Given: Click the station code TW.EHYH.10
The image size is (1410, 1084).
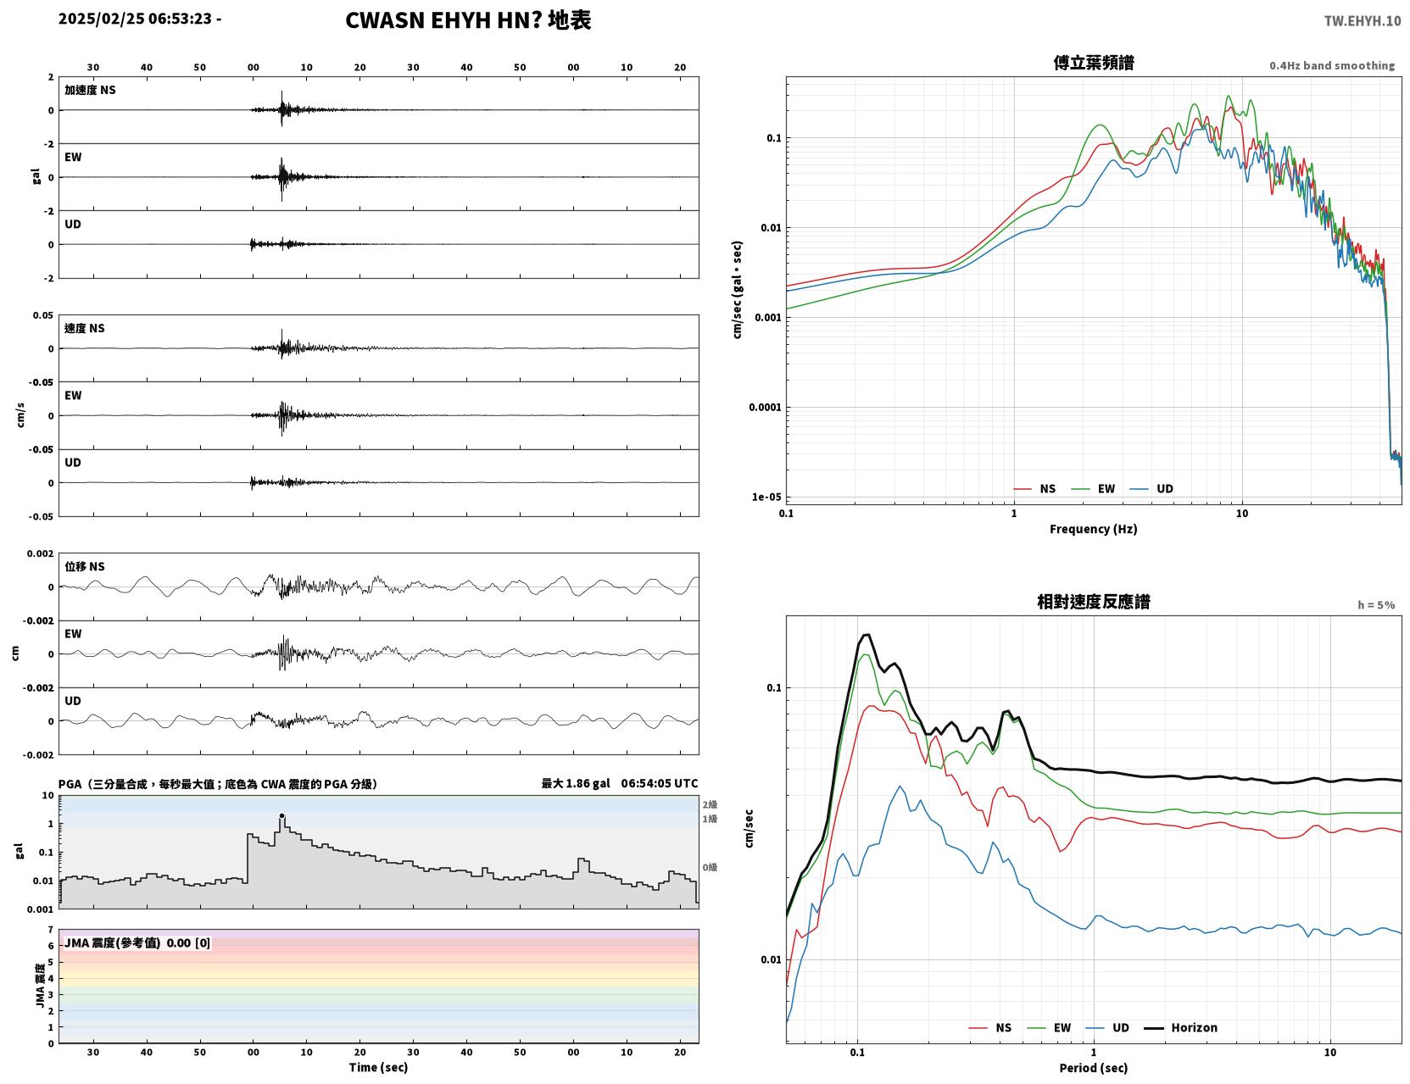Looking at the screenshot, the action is (1362, 20).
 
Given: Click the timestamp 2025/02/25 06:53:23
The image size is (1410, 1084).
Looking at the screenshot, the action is (135, 18).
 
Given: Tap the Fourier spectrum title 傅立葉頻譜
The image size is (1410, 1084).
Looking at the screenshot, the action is (1094, 63).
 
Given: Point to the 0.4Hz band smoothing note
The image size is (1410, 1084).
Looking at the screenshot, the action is (1331, 65).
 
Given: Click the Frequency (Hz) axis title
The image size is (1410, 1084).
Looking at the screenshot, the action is (1093, 529).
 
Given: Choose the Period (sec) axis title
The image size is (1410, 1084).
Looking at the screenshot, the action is (1093, 1068).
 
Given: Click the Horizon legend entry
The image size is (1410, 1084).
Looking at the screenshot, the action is (1180, 1027).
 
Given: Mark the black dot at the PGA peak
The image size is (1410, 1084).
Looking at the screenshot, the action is (281, 815).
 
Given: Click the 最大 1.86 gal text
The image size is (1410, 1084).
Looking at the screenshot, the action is (576, 783).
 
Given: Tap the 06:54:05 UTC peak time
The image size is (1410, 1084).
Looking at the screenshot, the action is (660, 783).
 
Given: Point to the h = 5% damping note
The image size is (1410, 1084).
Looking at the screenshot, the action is (1375, 605).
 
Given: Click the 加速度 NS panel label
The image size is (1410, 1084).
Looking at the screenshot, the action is (90, 90).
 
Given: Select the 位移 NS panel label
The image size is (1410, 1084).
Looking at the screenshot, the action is (84, 567).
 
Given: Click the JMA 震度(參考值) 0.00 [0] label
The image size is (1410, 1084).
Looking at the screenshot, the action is (137, 942).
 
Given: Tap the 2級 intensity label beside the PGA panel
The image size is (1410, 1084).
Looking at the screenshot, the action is (710, 804).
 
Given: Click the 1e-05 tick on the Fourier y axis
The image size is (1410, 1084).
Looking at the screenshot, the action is (766, 498).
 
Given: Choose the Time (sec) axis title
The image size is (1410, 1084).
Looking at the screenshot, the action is (378, 1067).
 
